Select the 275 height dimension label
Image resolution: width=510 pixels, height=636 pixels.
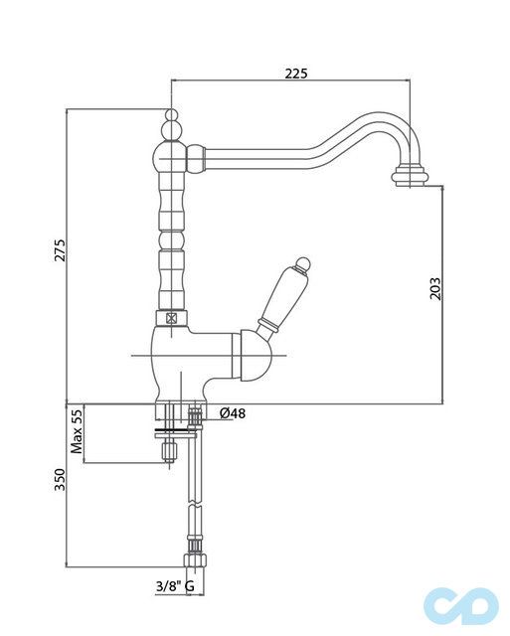point(60,254)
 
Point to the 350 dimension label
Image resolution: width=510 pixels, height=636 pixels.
point(60,482)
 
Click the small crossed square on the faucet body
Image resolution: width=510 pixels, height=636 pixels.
point(170,320)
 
